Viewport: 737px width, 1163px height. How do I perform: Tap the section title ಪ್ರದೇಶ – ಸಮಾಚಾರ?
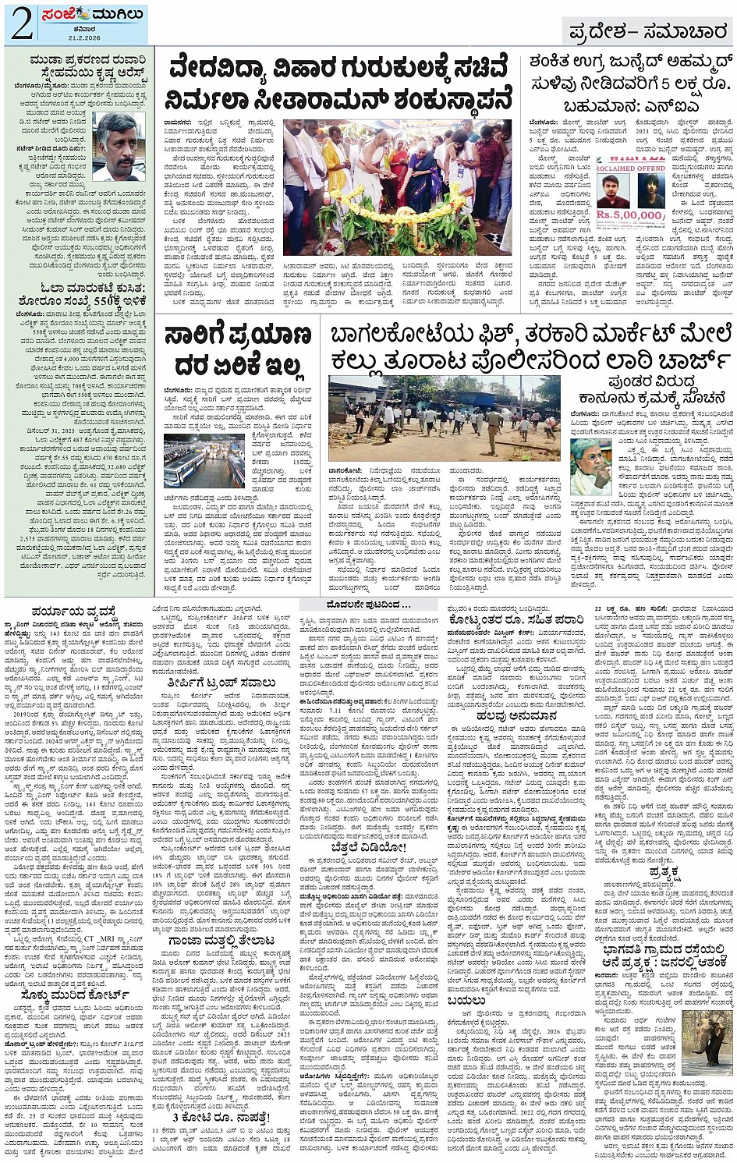point(647,31)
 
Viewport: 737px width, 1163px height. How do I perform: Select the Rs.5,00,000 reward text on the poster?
point(630,214)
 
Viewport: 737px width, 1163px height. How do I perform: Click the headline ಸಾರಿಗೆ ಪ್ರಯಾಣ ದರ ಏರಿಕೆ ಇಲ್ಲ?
point(237,350)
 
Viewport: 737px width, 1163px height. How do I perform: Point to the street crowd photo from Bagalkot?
point(444,418)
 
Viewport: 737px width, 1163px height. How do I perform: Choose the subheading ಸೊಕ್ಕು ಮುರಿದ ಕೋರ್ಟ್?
point(76,994)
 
